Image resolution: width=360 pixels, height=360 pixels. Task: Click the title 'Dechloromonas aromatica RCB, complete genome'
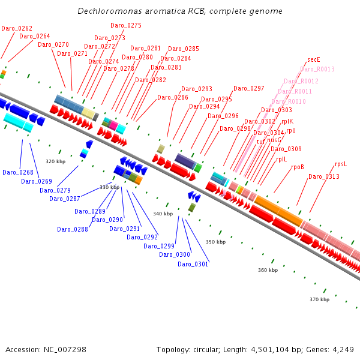point(180,11)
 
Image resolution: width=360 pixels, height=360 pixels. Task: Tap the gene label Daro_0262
point(17,28)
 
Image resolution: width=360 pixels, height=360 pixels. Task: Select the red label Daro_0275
point(126,25)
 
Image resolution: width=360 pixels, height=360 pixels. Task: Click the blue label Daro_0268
point(18,172)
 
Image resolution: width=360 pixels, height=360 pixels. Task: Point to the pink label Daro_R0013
point(317,69)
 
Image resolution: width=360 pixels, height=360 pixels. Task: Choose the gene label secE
point(314,59)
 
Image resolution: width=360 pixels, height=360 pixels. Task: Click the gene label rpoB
point(298,167)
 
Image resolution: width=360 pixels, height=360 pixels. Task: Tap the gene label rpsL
point(341,164)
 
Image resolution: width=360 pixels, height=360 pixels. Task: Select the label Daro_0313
point(324,176)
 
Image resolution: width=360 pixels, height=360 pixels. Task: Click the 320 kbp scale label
point(55,161)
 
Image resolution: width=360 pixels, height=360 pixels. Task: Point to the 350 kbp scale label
point(215,242)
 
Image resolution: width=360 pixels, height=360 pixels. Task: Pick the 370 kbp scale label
point(319,299)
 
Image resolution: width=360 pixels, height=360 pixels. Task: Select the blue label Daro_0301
point(193,264)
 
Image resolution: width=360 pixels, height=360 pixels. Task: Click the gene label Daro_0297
point(248,88)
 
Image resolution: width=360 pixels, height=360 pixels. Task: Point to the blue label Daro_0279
point(55,190)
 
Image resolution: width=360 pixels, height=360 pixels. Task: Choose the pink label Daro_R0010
point(289,101)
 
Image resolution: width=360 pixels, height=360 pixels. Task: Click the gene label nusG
point(274,140)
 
